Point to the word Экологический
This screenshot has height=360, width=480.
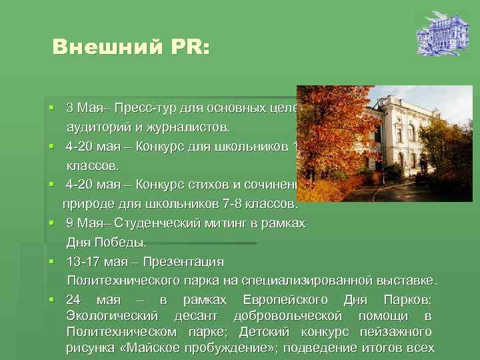[x=112, y=315]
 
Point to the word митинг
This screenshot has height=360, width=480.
[x=218, y=223]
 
